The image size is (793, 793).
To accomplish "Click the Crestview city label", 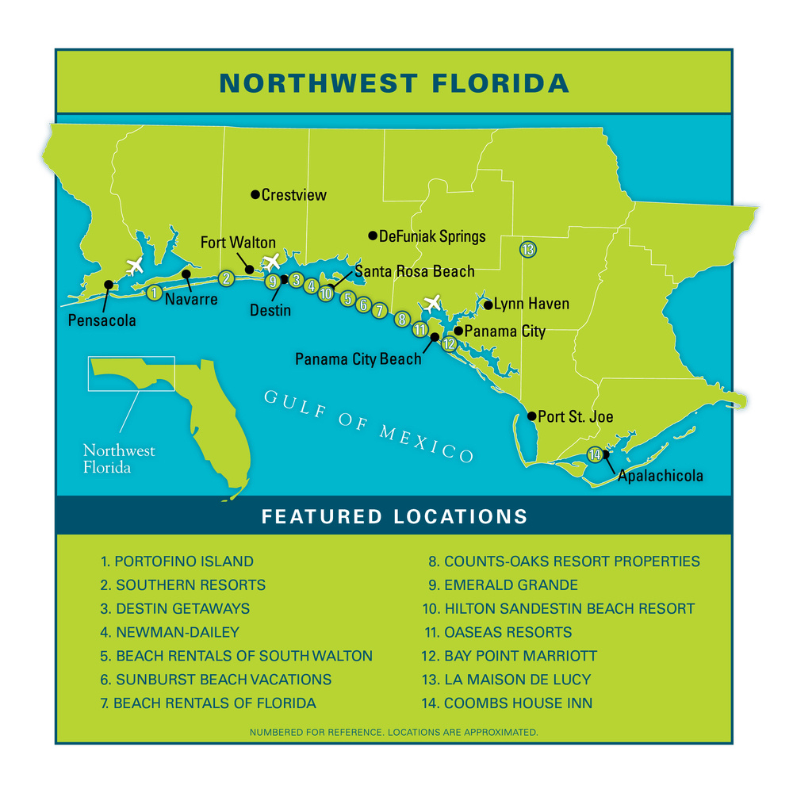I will point(294,195).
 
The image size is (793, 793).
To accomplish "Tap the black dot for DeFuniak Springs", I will point(373,236).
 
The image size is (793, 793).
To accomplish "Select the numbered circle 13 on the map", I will point(528,249).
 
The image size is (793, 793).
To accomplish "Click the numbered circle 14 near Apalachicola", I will point(595,454).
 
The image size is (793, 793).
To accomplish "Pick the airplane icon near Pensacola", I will point(134,266).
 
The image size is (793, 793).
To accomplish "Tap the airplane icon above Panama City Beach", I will point(432,302).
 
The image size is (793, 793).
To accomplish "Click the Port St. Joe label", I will point(575,416).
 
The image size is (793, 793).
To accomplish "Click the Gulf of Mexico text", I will point(369,424).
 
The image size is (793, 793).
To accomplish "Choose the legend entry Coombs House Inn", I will point(518,703).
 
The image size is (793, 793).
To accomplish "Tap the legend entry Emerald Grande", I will point(511,585).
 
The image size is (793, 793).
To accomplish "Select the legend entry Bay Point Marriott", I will point(520,656).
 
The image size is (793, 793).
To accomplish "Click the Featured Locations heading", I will point(394,517).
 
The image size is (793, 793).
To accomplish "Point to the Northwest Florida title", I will point(394,83).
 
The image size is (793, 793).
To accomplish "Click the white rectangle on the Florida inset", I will point(131,373).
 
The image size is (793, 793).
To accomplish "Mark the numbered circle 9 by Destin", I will point(273,282).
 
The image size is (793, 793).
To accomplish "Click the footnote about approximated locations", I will point(394,732).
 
